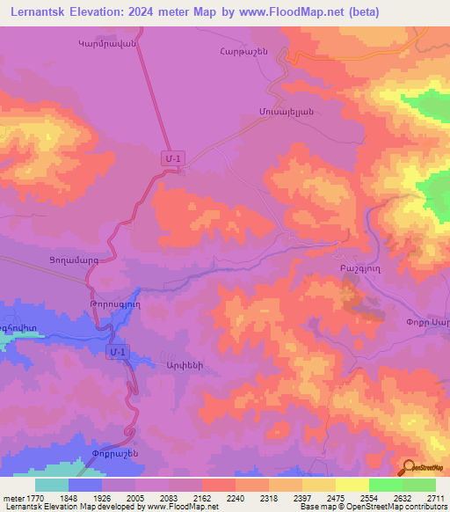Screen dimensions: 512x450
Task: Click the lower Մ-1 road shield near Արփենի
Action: (119, 352)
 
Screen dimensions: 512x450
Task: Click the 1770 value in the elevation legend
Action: (35, 497)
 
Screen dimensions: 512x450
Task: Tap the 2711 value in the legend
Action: (434, 497)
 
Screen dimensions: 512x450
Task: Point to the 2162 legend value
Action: (202, 497)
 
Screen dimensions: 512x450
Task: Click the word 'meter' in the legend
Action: (14, 497)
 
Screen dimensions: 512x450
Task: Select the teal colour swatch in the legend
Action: (52, 485)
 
